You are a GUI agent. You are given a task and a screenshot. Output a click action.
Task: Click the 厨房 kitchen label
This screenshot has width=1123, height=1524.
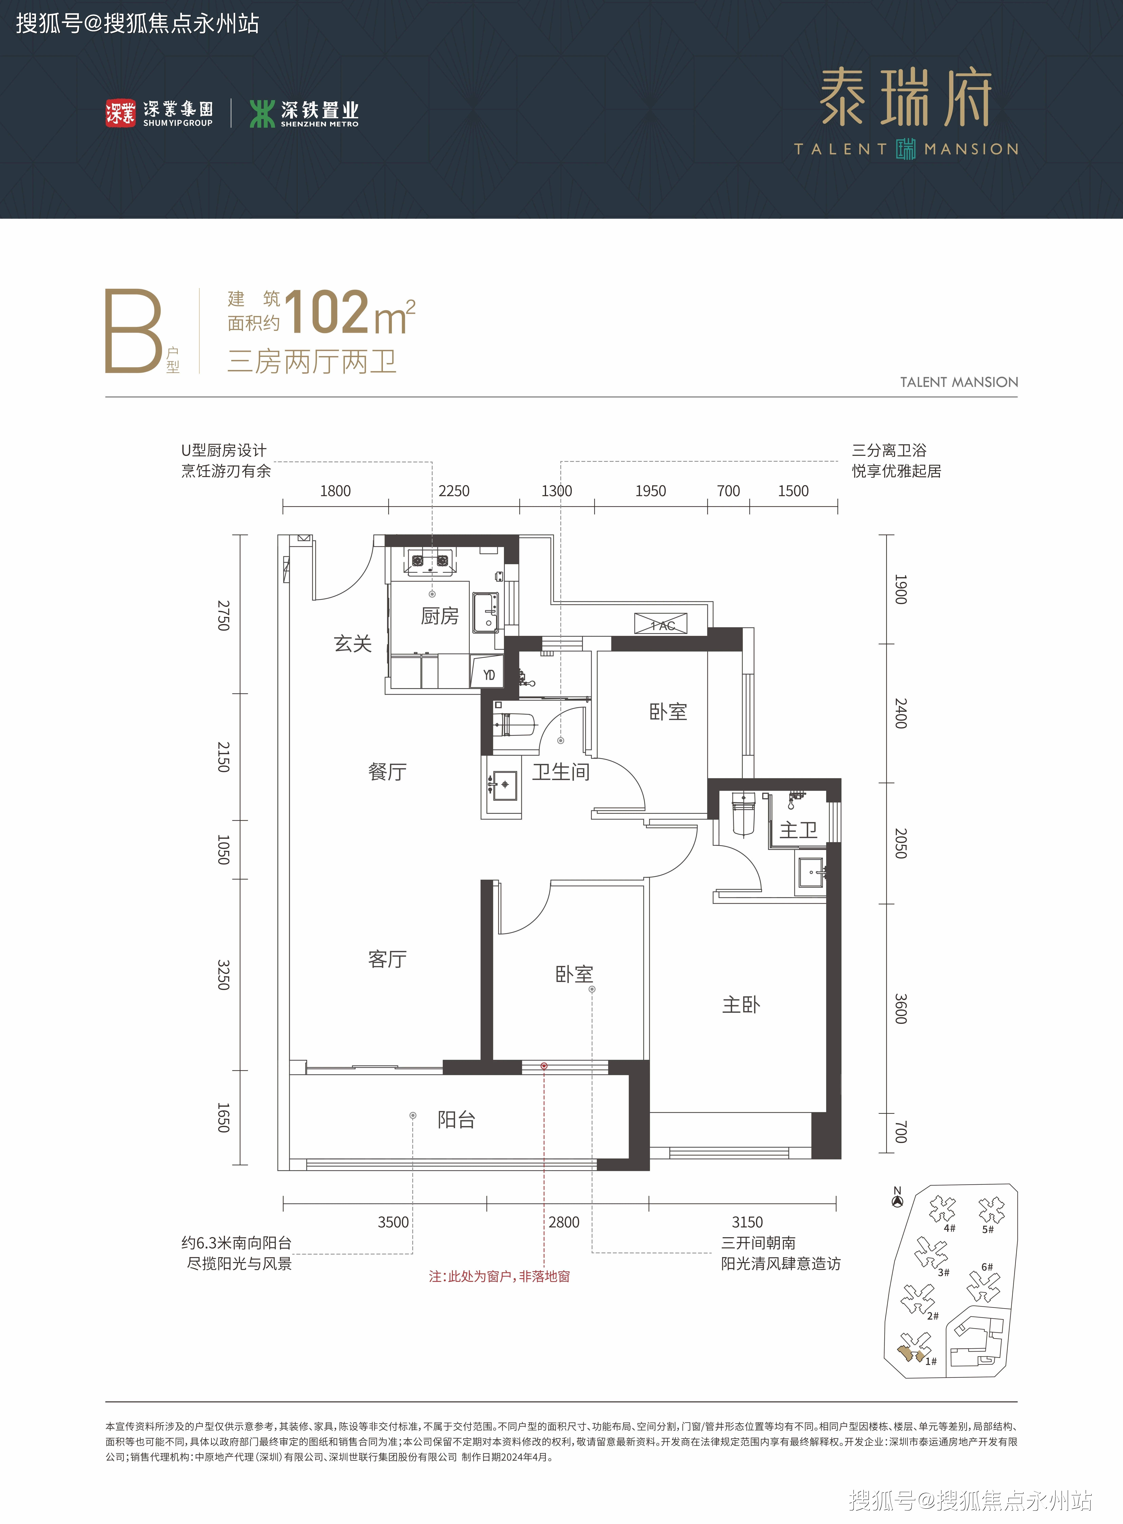coord(440,616)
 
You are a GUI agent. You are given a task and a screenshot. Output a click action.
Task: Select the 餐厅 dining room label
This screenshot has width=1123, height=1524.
coord(387,772)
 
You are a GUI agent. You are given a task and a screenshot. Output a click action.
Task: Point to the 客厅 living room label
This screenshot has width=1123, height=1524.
coord(387,959)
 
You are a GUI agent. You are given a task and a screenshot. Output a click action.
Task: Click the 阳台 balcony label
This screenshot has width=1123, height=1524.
coord(456,1120)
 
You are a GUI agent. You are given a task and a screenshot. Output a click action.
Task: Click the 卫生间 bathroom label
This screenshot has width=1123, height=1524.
coord(561,772)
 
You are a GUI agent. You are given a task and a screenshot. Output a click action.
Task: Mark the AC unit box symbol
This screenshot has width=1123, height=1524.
coord(661,623)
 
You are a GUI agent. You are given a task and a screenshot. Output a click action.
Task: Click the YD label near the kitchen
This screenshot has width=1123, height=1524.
coord(489,675)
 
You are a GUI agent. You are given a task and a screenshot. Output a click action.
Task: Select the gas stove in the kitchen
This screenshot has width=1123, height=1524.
coord(430,561)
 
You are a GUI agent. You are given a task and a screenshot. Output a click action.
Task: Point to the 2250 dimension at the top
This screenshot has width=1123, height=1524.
coord(454,491)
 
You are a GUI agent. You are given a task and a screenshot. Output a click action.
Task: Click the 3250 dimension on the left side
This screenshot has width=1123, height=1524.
coord(224,975)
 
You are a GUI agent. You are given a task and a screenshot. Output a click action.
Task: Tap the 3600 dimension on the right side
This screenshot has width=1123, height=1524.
coord(901,1009)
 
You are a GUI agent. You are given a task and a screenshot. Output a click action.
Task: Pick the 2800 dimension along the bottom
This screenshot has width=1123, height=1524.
coord(564,1222)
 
